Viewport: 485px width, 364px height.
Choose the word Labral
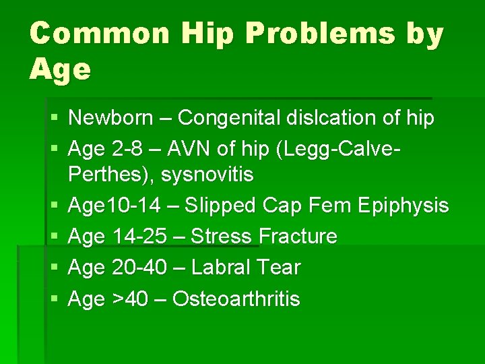coord(221,268)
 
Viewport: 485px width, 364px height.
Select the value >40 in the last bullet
coord(130,299)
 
